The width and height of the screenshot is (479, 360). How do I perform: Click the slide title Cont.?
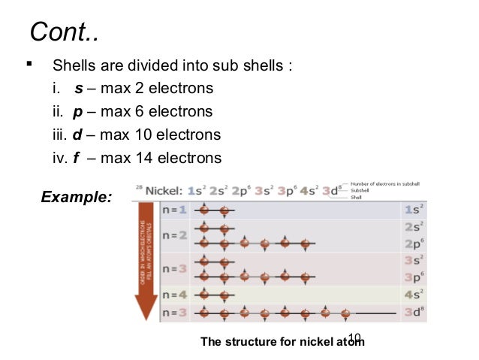(63, 33)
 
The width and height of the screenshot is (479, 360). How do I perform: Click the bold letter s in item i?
(79, 89)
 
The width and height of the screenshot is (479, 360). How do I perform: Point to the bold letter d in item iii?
(80, 135)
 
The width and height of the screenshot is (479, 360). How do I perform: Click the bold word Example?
(77, 198)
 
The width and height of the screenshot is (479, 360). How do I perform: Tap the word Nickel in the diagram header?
(164, 190)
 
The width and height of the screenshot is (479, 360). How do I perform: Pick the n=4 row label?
(177, 295)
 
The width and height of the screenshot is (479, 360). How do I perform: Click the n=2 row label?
(177, 234)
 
